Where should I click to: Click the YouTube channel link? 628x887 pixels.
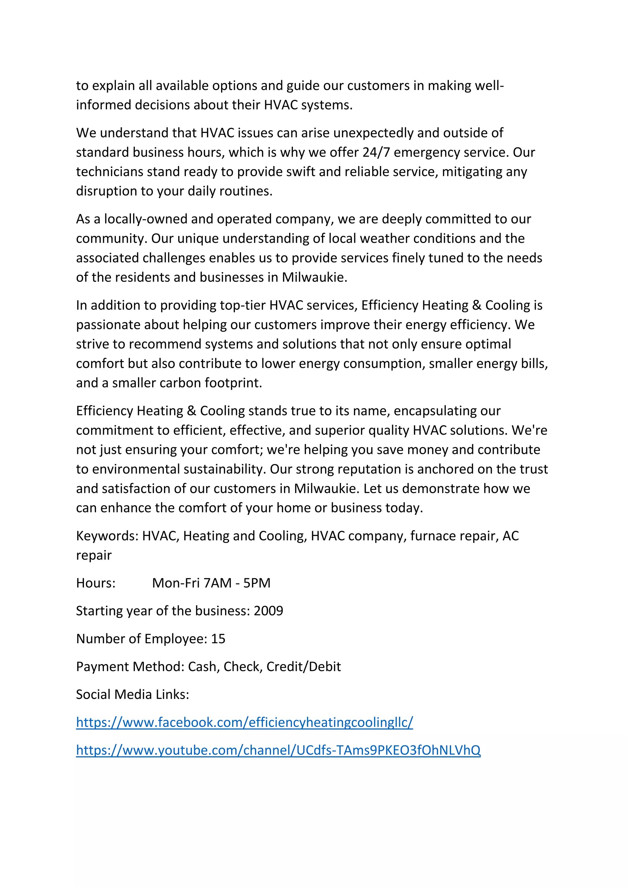pyautogui.click(x=278, y=750)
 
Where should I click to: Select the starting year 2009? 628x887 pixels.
pyautogui.click(x=268, y=611)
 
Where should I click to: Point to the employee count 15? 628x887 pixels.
pyautogui.click(x=218, y=639)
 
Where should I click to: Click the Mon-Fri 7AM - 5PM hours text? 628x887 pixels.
pyautogui.click(x=211, y=583)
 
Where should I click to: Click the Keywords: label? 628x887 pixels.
pyautogui.click(x=107, y=536)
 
